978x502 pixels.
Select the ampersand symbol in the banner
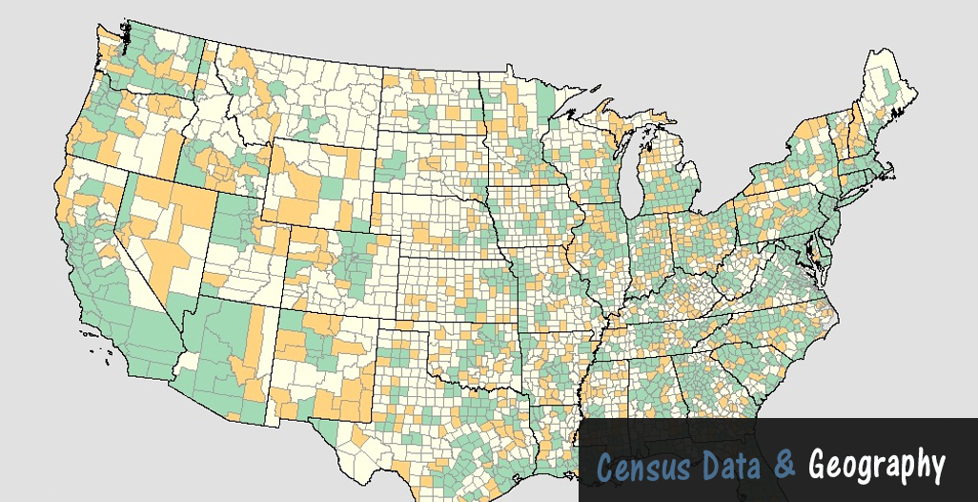pyautogui.click(x=784, y=466)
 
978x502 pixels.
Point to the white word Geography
pyautogui.click(x=876, y=467)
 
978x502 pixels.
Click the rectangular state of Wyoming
pyautogui.click(x=315, y=181)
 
